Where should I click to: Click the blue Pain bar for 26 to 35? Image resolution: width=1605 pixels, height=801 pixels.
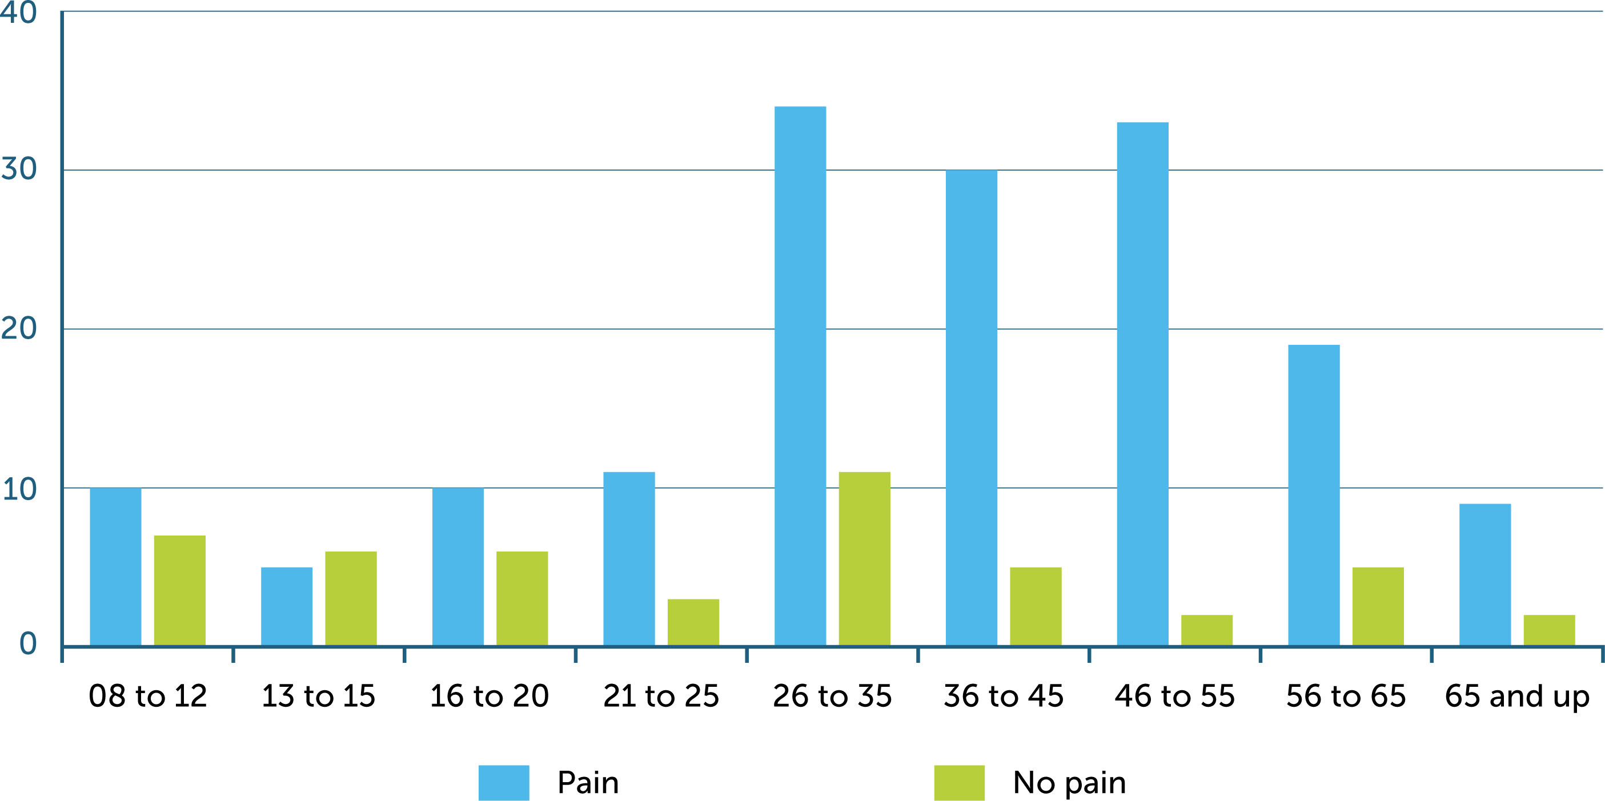[x=800, y=376]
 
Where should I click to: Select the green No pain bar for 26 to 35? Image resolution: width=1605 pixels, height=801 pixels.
[x=864, y=559]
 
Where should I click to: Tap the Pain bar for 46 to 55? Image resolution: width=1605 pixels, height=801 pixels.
[x=1143, y=384]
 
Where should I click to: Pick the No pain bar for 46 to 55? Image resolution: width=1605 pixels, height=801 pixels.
[x=1207, y=630]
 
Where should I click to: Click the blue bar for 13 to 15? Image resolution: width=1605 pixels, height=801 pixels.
[x=287, y=606]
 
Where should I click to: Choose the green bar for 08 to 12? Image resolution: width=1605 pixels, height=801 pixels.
[x=179, y=590]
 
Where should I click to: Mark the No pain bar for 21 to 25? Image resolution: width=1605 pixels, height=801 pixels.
[x=693, y=622]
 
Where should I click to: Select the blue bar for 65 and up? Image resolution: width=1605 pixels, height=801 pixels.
[x=1484, y=574]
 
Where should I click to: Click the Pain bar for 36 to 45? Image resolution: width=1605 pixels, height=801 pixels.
[x=972, y=408]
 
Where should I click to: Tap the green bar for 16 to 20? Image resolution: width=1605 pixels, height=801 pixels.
[x=522, y=598]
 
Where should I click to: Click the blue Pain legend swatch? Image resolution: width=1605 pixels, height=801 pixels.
[x=503, y=782]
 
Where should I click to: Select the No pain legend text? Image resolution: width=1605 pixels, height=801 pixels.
[x=1069, y=782]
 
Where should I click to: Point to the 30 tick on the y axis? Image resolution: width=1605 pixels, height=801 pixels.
[x=19, y=169]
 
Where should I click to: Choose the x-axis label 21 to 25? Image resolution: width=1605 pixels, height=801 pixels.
[x=661, y=696]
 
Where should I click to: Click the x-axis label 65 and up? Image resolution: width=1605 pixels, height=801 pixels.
[x=1516, y=697]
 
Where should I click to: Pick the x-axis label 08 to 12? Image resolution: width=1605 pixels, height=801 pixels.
[x=148, y=696]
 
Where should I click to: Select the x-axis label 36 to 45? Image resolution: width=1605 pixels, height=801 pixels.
[x=1003, y=696]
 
